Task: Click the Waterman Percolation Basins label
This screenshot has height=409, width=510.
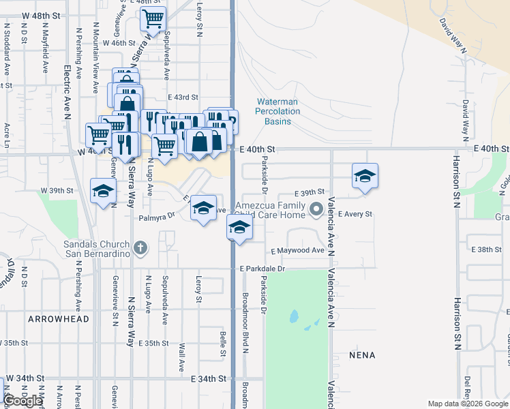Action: coord(277,111)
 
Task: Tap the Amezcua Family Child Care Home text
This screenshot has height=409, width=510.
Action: coord(271,210)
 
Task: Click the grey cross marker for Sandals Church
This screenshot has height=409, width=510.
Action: coord(140,247)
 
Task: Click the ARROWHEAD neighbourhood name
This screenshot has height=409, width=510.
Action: coord(59,318)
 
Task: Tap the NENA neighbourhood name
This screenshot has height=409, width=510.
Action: coord(361,355)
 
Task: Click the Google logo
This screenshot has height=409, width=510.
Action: coord(23,401)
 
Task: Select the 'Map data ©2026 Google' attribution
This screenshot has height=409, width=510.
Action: coord(468,404)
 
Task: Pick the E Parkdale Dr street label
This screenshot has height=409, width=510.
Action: coord(262,269)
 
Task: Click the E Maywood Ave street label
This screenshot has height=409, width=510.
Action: coord(297,250)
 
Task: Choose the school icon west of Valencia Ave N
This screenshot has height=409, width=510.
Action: coord(365,176)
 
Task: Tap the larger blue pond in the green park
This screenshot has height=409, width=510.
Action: coord(293,316)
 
